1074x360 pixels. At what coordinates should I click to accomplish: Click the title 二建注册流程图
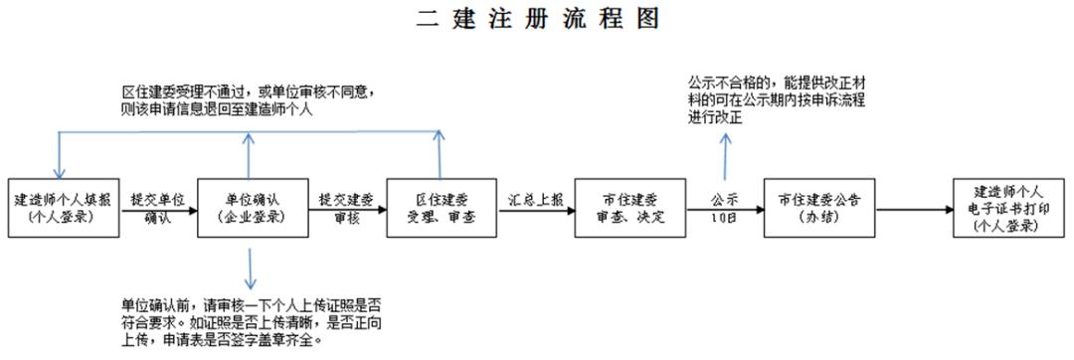[x=538, y=19]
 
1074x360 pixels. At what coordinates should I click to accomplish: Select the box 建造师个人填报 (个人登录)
[x=62, y=207]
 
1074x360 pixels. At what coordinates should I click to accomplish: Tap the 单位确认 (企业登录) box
[x=246, y=207]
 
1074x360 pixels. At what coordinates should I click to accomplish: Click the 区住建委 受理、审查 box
[x=439, y=207]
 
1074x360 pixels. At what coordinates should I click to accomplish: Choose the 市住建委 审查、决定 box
[x=629, y=207]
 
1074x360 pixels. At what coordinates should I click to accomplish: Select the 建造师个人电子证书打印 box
[x=1008, y=207]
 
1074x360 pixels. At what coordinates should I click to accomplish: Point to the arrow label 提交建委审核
[x=343, y=208]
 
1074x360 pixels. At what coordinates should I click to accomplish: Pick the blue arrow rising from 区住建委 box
[x=438, y=154]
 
